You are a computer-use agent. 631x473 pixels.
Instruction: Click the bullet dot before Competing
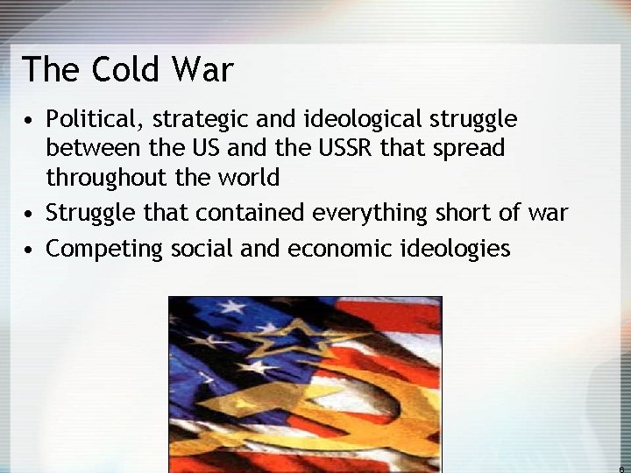coord(30,250)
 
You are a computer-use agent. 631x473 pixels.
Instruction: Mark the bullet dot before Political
coord(30,119)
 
